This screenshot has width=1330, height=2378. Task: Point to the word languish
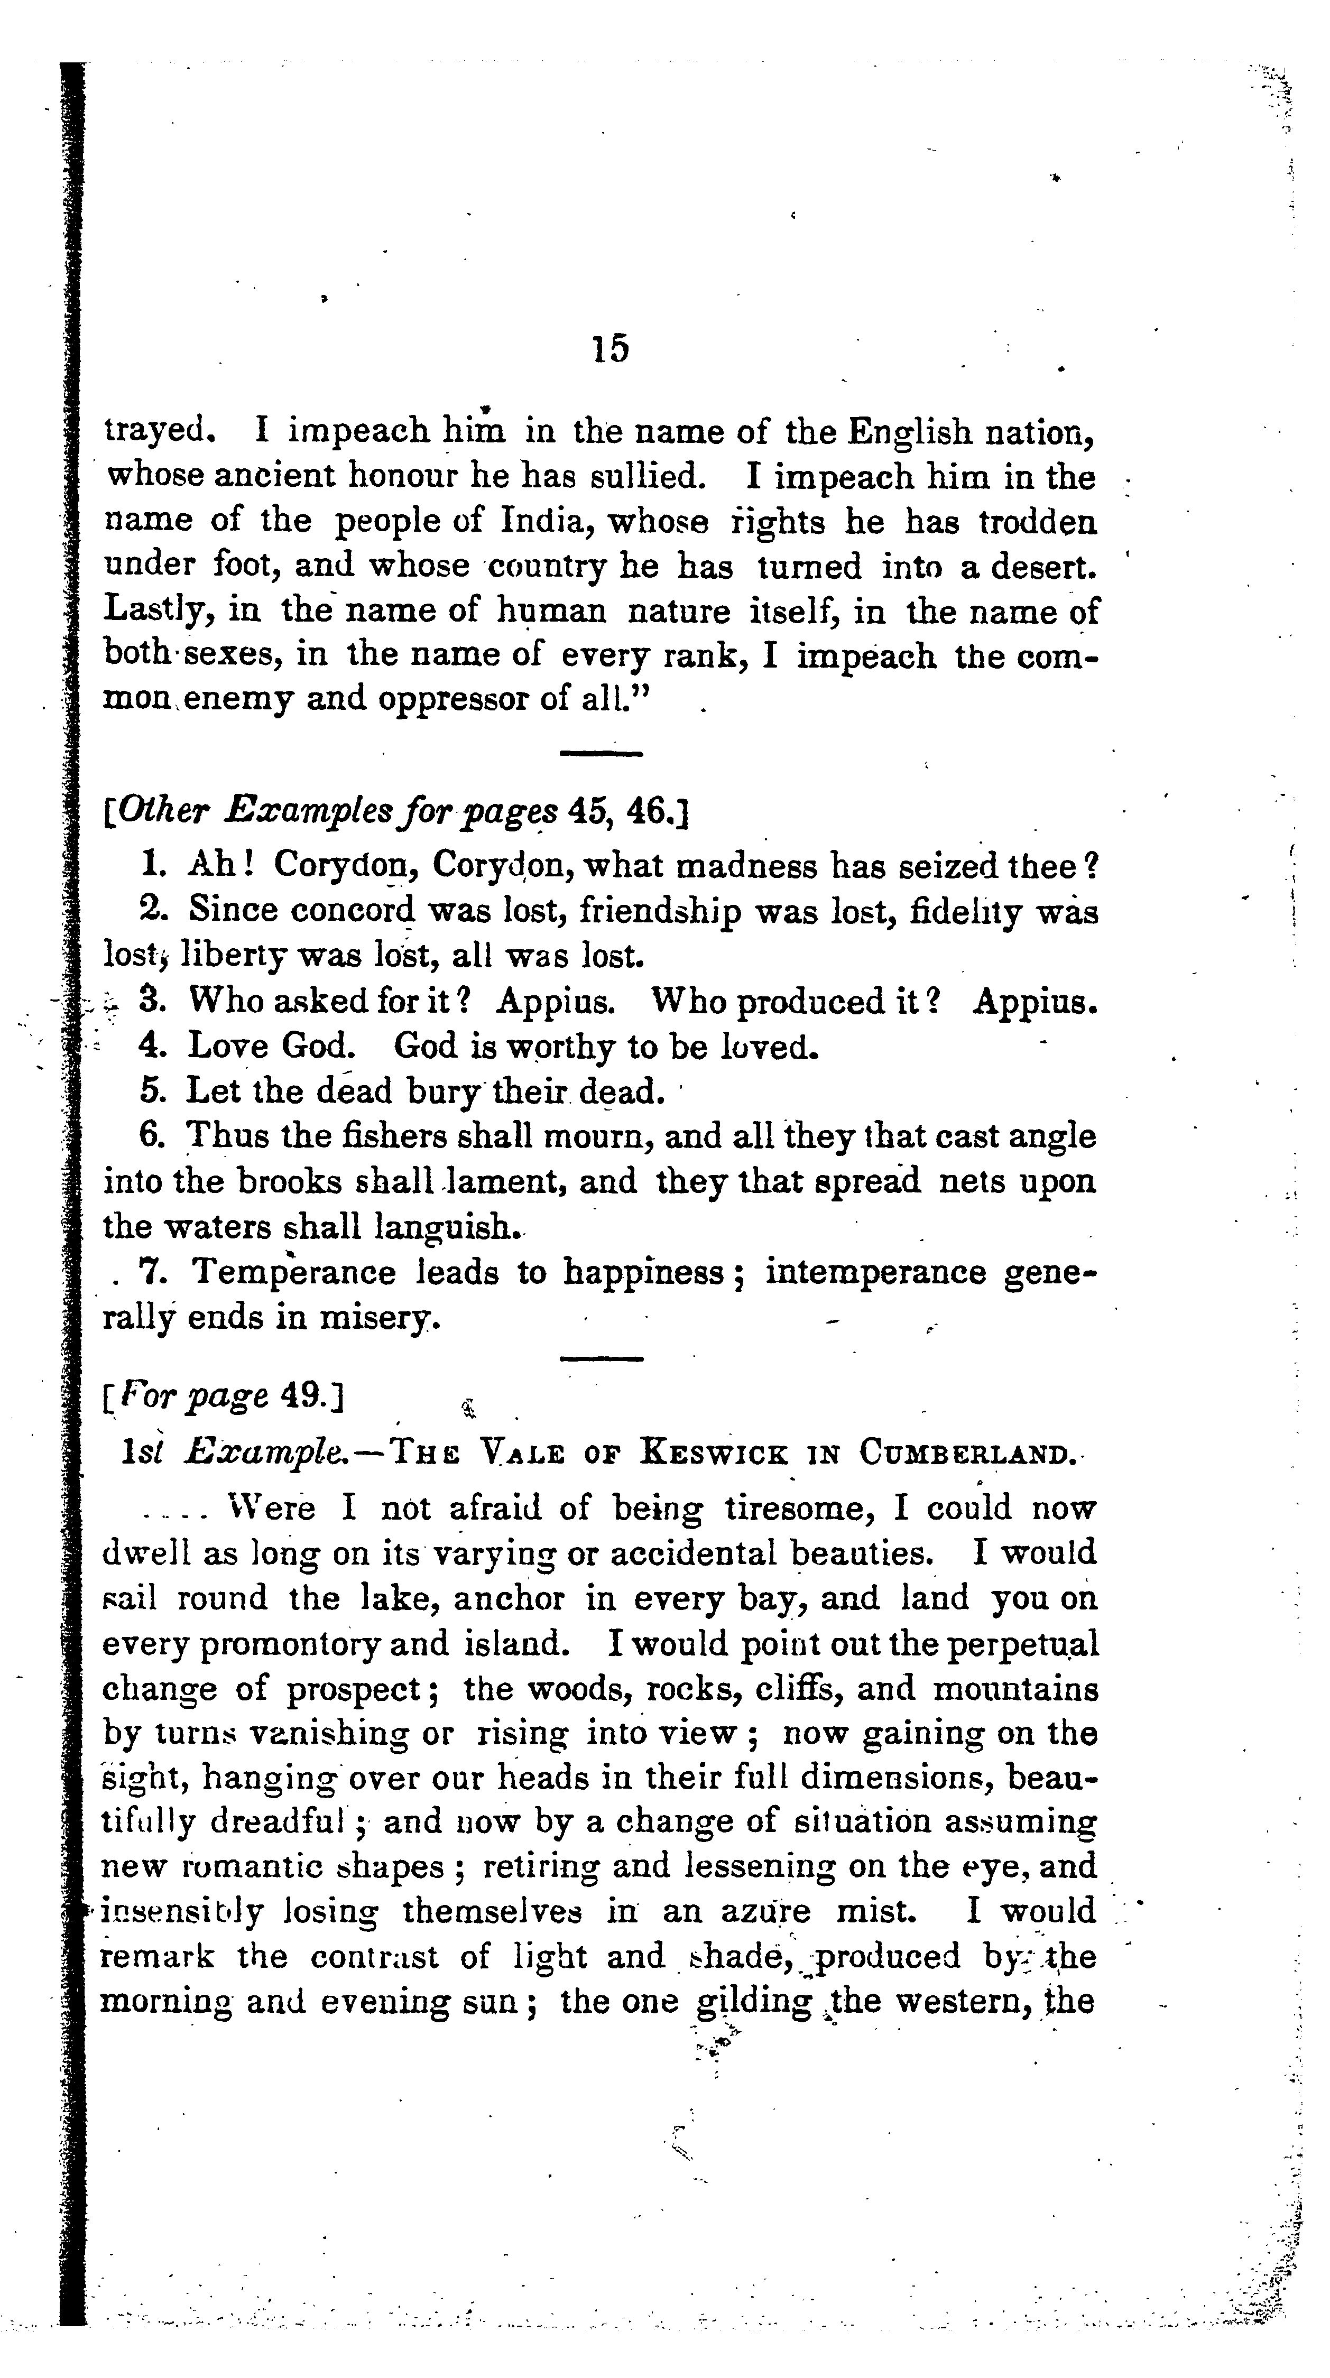pyautogui.click(x=446, y=1227)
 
